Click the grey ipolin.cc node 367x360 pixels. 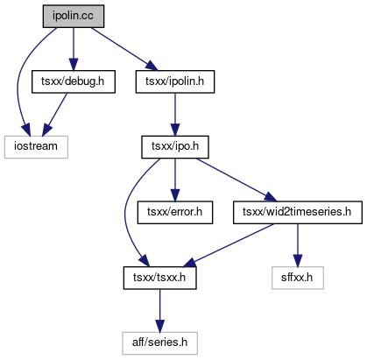tap(74, 16)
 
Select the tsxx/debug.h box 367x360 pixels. tap(74, 81)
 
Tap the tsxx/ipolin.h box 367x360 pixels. tap(175, 81)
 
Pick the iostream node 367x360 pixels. tap(36, 147)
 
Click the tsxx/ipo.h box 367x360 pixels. tap(175, 147)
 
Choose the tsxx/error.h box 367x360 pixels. tap(175, 212)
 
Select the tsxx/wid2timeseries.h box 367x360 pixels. tap(298, 212)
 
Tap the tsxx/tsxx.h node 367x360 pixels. tap(159, 278)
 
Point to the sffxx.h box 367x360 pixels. tap(298, 278)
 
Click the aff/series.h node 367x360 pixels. tap(159, 343)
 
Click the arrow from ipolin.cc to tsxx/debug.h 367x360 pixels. tap(74, 49)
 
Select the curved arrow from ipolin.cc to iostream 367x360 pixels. tap(18, 81)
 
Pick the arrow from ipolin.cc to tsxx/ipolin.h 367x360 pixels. tap(124, 49)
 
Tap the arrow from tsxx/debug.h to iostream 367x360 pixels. tap(54, 115)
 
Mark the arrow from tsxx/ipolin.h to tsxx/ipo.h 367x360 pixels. tap(175, 115)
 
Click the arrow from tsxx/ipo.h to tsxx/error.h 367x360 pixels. tap(175, 180)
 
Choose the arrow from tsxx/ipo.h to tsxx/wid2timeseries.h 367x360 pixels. tap(236, 180)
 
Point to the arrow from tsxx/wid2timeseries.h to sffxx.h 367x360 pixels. tap(298, 245)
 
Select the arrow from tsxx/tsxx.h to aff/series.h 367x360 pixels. tap(159, 311)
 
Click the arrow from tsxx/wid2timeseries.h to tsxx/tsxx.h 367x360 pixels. tap(229, 245)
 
